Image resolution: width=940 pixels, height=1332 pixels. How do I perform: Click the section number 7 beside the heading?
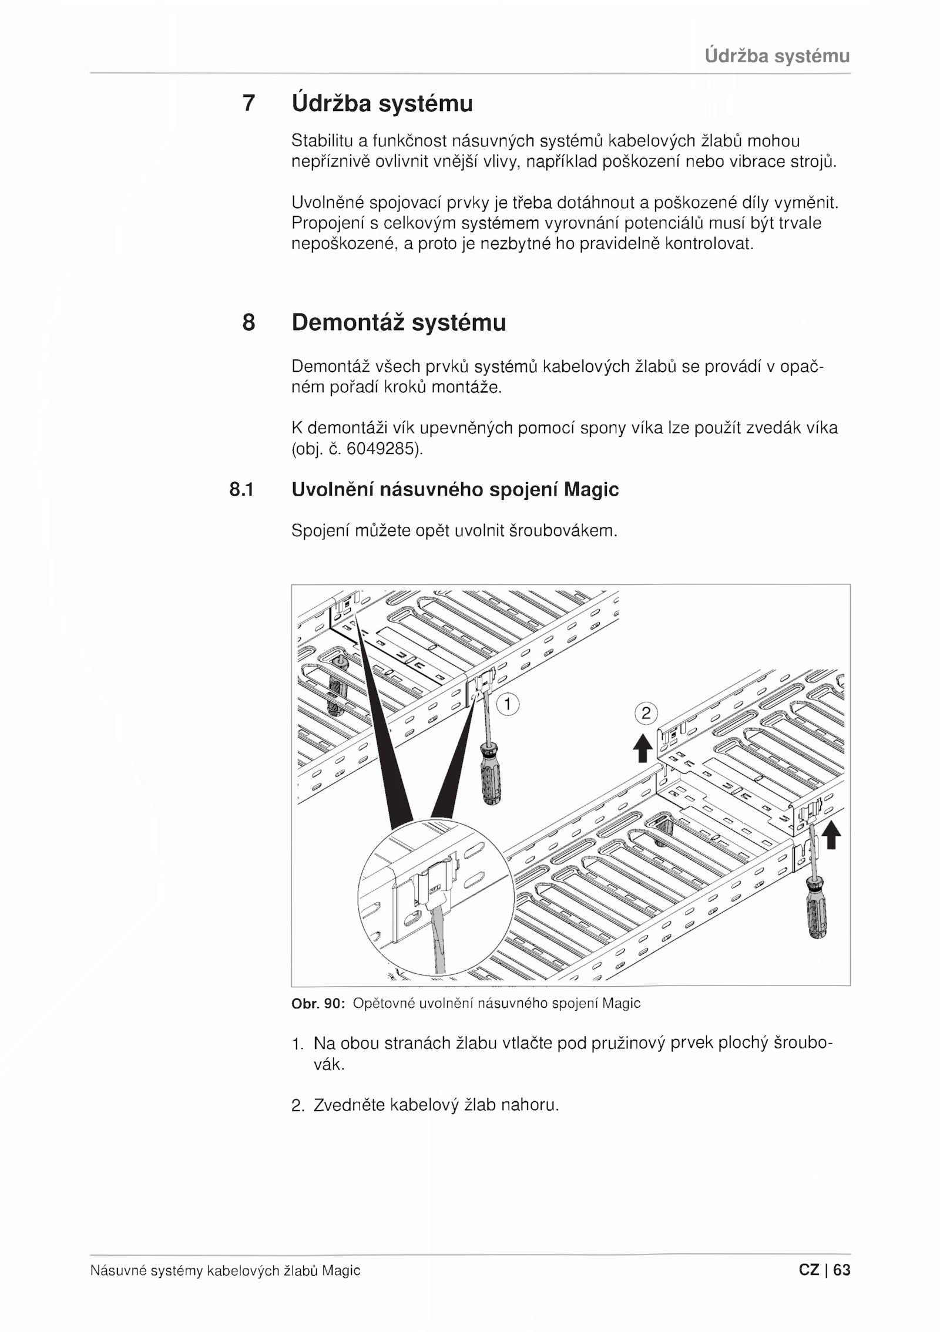(249, 103)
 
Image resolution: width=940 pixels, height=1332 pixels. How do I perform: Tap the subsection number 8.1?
(241, 489)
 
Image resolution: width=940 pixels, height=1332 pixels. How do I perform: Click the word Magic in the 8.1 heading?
(591, 489)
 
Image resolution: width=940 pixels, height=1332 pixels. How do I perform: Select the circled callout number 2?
(646, 714)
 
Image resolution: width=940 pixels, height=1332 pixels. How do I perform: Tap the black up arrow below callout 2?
(643, 748)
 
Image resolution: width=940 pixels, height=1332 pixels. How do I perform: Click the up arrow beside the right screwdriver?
(831, 835)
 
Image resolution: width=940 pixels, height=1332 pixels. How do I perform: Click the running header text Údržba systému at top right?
(777, 56)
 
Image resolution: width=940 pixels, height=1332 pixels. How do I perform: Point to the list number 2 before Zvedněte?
(297, 1106)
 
